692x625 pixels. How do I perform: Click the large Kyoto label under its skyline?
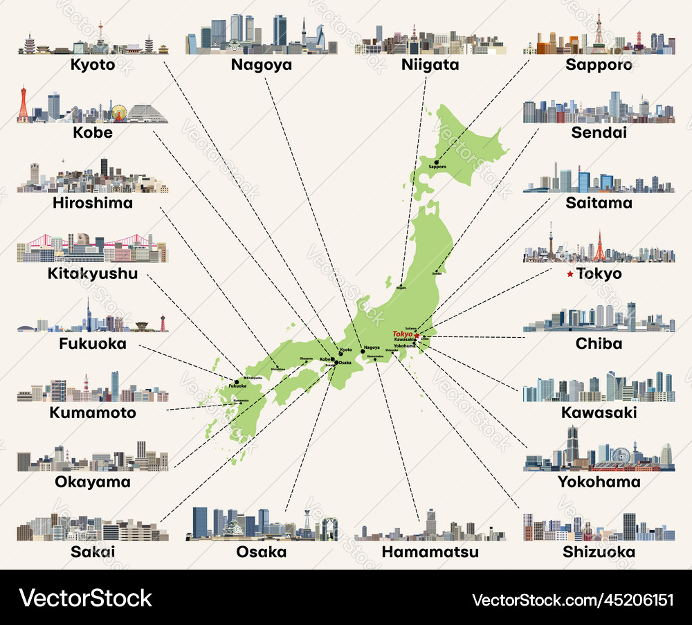92,65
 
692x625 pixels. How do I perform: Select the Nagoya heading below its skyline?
262,65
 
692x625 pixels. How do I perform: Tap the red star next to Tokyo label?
570,274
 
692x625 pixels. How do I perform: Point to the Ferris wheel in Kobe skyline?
119,113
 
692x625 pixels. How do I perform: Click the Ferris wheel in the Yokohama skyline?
621,457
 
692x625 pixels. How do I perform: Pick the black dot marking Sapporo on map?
437,163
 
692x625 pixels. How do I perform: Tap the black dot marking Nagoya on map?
363,351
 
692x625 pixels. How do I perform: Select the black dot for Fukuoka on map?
237,381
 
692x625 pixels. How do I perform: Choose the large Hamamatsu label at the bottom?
430,552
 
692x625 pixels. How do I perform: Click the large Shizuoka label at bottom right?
599,552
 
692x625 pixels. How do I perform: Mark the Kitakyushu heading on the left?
92,273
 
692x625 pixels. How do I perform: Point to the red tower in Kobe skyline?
24,105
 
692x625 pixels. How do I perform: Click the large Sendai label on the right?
599,132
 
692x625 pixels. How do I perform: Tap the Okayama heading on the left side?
92,482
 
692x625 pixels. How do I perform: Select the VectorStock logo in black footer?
86,598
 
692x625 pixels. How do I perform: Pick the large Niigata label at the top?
430,65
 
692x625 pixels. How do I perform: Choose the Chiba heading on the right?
599,343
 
